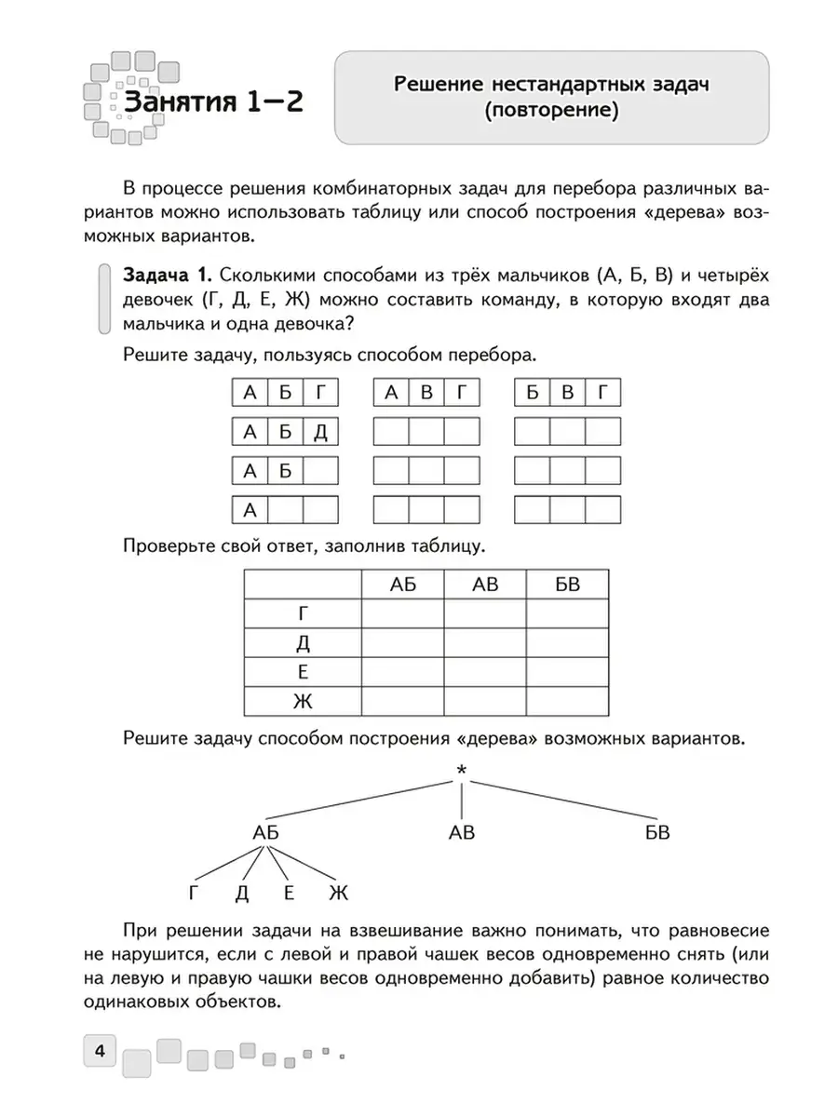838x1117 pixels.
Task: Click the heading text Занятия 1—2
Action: pos(213,102)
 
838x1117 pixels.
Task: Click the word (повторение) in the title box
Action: pos(552,112)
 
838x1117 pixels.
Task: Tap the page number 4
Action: pos(99,1054)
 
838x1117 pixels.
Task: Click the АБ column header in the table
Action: pos(402,585)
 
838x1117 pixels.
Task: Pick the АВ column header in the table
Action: pos(485,585)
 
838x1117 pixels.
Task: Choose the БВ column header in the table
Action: pos(567,585)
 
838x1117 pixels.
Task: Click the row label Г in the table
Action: pos(302,613)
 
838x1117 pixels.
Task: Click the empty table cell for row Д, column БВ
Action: pos(567,642)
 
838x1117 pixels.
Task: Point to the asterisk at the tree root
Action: pos(461,771)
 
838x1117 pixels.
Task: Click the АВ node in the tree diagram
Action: pos(462,832)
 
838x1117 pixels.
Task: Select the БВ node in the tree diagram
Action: pos(657,832)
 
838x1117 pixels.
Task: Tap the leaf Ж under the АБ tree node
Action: pos(338,894)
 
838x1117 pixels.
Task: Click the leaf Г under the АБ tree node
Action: pos(194,894)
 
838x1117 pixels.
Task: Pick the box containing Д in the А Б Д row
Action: pos(320,433)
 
